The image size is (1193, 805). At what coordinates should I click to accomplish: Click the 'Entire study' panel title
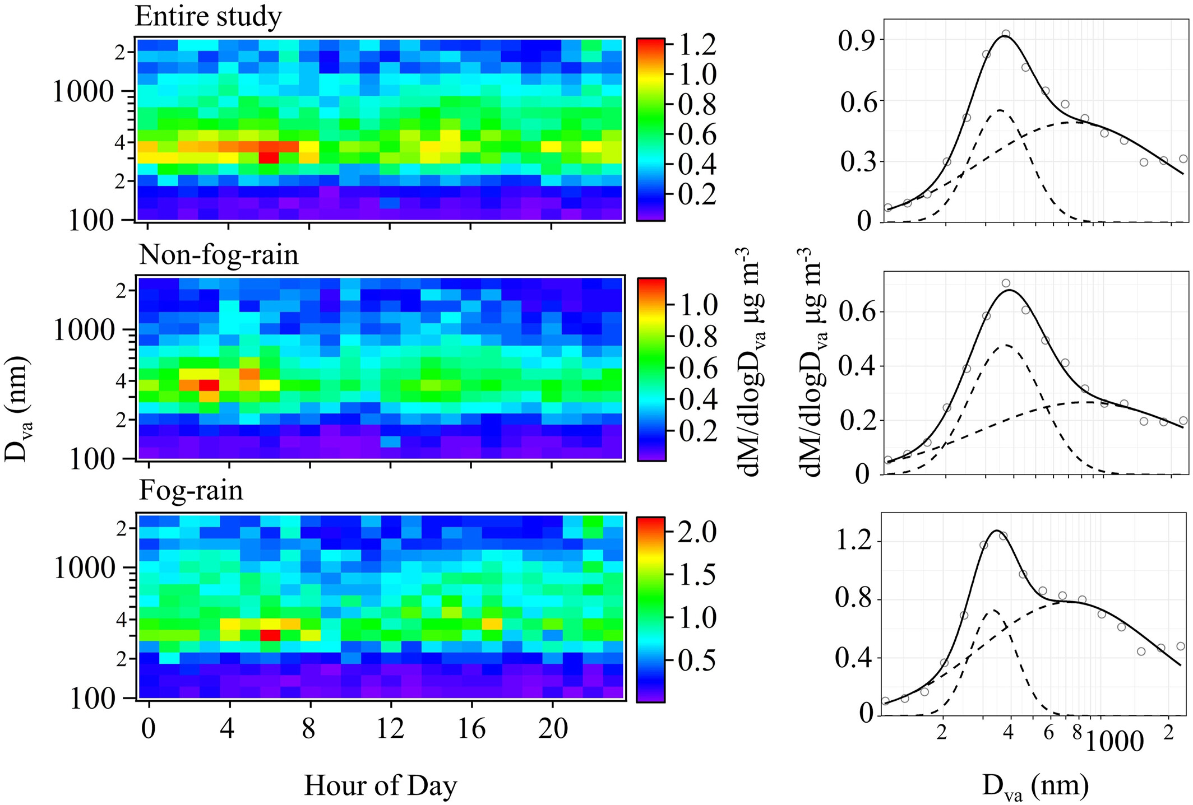coord(208,17)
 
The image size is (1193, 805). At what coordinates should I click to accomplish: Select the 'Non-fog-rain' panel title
coord(219,255)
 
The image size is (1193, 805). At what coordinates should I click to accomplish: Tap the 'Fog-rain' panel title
coord(191,491)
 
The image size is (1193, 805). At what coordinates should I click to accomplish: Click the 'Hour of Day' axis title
coord(381,786)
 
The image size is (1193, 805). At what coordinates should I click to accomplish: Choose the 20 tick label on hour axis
coord(553,729)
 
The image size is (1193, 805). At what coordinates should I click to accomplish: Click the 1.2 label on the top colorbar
coord(697,45)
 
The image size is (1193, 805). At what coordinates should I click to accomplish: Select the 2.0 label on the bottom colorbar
coord(697,532)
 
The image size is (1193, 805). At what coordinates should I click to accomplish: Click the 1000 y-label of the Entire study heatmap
coord(83,92)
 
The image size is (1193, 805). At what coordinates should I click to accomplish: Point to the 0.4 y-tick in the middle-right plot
coord(857,366)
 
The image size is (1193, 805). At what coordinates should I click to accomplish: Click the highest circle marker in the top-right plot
coord(1006,34)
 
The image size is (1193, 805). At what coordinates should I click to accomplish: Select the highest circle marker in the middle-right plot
coord(1006,283)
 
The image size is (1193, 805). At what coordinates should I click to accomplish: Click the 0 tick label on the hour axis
coord(148,729)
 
